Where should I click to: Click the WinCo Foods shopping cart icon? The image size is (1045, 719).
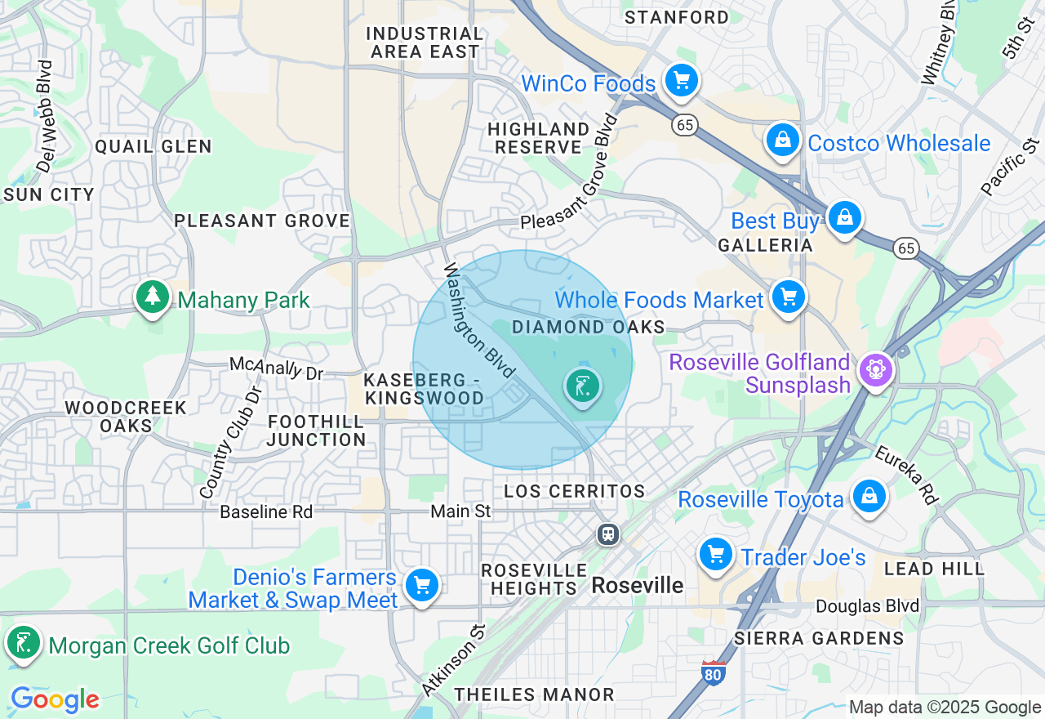[680, 81]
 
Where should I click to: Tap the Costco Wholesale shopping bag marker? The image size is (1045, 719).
[782, 141]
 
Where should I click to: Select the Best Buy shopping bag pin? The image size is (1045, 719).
[844, 218]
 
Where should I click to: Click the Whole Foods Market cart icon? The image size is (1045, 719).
[788, 297]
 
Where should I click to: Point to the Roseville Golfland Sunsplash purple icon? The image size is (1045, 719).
[875, 371]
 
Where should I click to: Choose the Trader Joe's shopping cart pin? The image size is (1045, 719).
[716, 556]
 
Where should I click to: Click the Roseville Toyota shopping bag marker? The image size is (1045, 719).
[869, 497]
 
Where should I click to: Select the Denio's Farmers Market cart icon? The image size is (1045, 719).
[422, 586]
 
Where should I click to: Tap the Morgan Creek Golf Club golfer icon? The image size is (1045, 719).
[24, 643]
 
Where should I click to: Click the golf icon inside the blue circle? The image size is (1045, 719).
[582, 386]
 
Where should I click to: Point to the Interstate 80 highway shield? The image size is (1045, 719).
[713, 672]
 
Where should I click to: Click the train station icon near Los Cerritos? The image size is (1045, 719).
[607, 534]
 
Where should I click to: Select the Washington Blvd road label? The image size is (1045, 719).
[479, 320]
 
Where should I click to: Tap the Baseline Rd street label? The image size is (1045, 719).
[266, 512]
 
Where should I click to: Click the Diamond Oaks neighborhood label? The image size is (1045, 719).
[588, 328]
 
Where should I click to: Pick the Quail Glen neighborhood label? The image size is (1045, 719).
[153, 147]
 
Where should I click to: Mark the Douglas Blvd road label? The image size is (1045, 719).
[867, 606]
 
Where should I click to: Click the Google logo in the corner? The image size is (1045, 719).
[55, 699]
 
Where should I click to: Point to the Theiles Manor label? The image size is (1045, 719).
[534, 694]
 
